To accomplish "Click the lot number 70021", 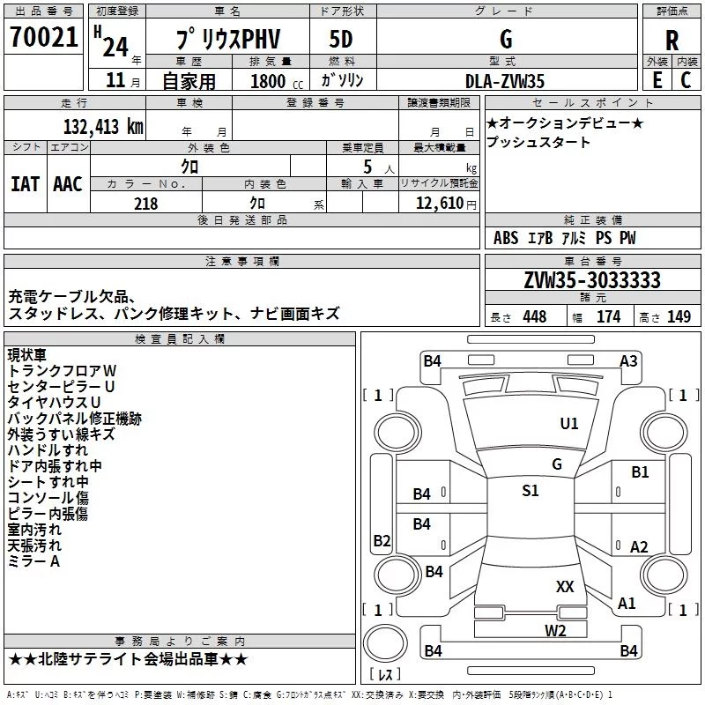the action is point(44,37).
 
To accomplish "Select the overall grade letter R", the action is point(672,41).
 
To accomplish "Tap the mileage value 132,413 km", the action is point(103,127).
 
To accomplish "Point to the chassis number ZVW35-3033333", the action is point(592,280).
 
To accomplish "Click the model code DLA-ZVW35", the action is point(505,81).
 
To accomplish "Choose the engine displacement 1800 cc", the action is point(277,81).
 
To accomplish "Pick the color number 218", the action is point(146,204).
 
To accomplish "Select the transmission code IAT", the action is point(25,184).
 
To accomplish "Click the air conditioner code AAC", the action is point(68,184).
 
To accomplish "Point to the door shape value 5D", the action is point(341,40).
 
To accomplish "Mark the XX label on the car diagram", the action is point(565,586).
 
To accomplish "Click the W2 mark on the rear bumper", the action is point(555,631).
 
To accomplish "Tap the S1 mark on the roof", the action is point(531,491).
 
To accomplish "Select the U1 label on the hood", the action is point(569,424).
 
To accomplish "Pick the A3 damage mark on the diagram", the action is point(628,361).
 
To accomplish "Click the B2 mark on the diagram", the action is point(382,540).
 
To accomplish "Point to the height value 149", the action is point(679,316).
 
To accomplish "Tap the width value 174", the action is point(609,316).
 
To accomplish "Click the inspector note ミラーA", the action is point(33,561).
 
